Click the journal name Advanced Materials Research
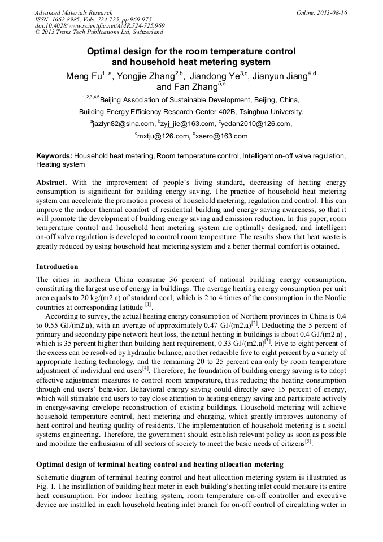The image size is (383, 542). click(73, 12)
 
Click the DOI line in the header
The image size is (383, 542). click(99, 26)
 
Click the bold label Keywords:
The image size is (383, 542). click(54, 155)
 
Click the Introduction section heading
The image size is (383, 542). click(57, 266)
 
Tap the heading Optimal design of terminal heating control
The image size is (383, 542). click(159, 465)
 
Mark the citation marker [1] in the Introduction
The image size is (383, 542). click(147, 305)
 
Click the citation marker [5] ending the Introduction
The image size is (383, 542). click(308, 442)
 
